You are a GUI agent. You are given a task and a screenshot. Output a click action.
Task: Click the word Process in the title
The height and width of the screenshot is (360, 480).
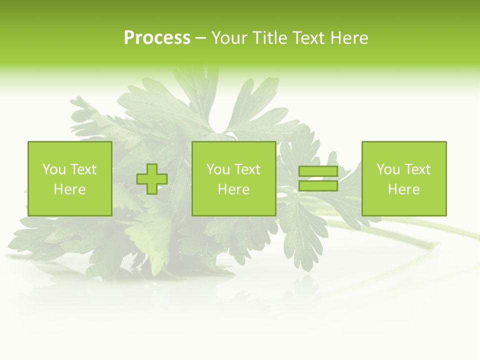point(157,38)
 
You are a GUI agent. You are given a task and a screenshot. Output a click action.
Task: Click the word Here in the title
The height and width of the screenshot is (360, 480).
point(349,38)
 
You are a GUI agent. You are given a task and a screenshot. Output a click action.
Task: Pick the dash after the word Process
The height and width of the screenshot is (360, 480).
point(201,38)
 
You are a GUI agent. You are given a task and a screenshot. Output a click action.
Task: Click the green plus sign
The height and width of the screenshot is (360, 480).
point(152,179)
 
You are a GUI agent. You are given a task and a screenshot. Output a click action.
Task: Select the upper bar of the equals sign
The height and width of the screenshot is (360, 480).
point(318,171)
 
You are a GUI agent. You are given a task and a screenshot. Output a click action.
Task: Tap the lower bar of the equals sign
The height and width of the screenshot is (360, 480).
point(318,186)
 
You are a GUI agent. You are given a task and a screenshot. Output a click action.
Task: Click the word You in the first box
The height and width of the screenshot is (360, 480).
point(54,169)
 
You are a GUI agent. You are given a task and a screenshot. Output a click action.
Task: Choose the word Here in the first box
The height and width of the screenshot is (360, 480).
point(69,189)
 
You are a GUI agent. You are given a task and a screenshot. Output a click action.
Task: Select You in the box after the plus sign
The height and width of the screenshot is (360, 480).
point(218,169)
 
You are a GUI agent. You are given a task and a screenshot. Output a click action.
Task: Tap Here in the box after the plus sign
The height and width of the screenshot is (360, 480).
point(233,189)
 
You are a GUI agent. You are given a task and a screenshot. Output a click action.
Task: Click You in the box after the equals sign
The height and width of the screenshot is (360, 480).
point(388,169)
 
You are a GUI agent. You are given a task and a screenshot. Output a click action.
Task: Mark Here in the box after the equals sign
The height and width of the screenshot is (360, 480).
point(403,189)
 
